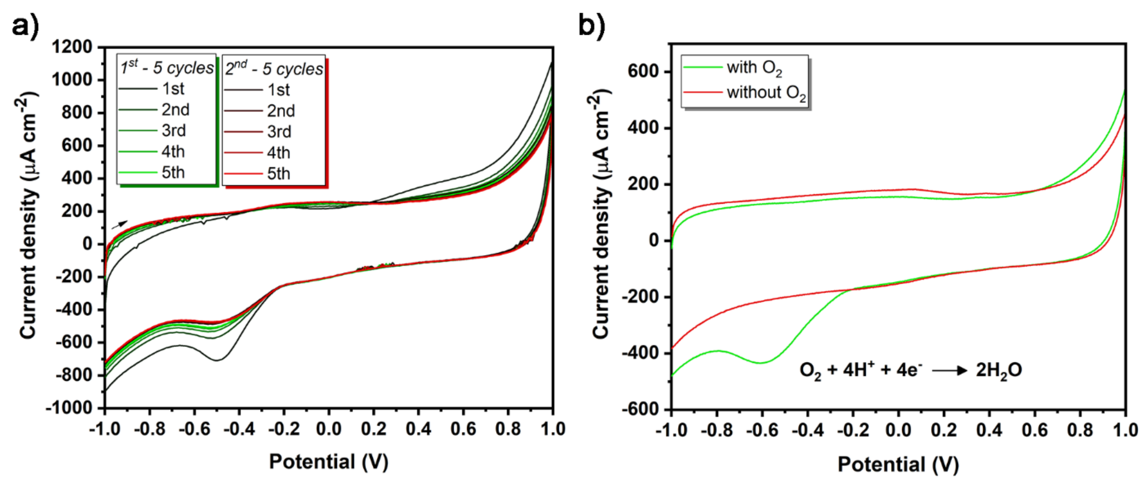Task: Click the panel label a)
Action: point(25,26)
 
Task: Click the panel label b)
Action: point(592,26)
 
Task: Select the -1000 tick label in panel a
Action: point(69,408)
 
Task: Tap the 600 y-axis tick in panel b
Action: point(642,72)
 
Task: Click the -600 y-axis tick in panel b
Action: point(639,409)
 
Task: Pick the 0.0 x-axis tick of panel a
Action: point(328,429)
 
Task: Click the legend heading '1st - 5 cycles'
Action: point(167,68)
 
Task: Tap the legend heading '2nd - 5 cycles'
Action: point(274,69)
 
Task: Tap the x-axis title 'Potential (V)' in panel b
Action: point(898,464)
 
